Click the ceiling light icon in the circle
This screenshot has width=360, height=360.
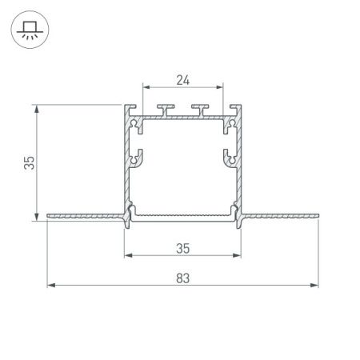pyautogui.click(x=30, y=29)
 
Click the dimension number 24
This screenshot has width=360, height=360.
pyautogui.click(x=183, y=79)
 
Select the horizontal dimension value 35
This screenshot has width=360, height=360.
pyautogui.click(x=183, y=249)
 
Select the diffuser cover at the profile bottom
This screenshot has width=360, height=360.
pyautogui.click(x=183, y=218)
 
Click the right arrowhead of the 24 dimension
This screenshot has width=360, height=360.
pyautogui.click(x=220, y=86)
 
